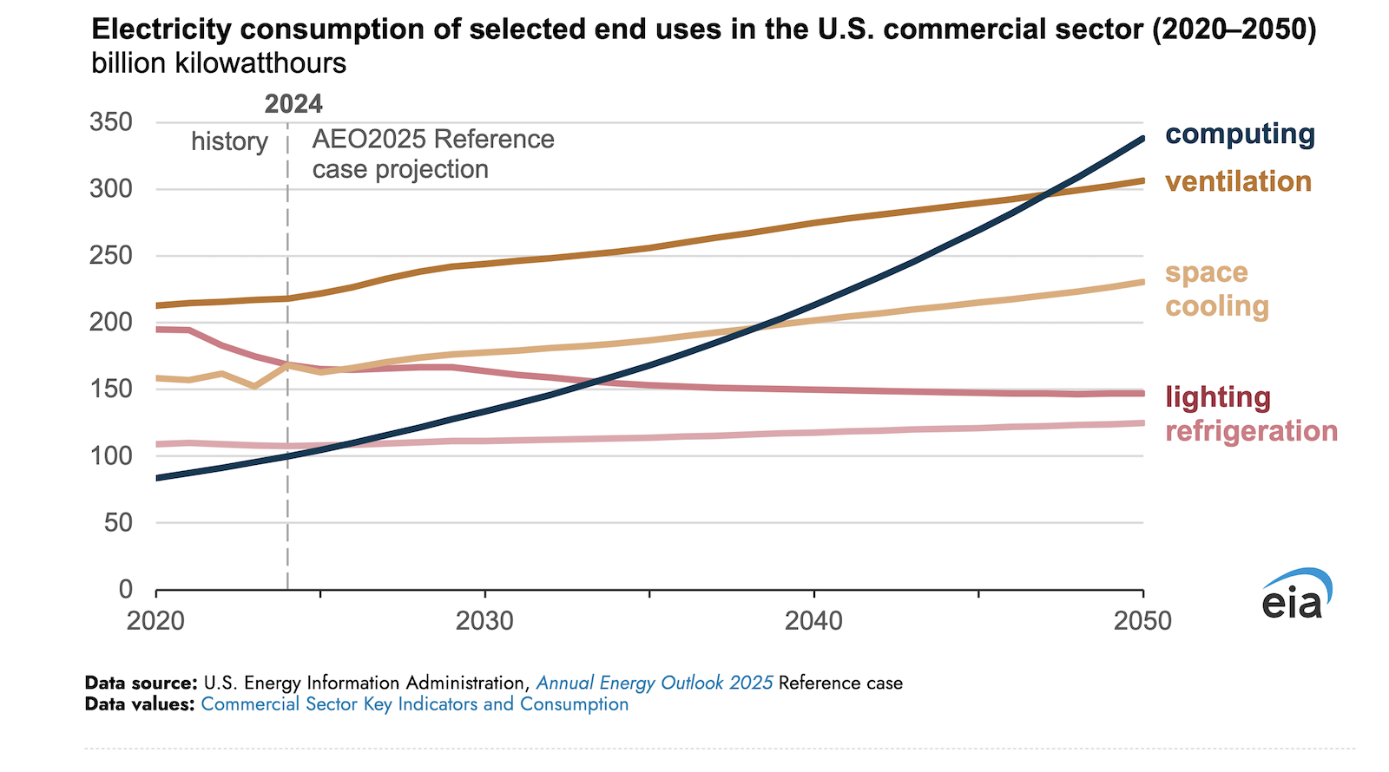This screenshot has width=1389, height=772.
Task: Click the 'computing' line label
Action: (1240, 134)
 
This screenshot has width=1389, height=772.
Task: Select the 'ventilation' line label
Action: (1238, 182)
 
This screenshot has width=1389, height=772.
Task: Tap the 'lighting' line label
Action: (1217, 397)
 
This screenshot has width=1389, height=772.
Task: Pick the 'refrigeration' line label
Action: (1251, 431)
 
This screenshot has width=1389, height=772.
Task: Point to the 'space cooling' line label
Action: (1216, 289)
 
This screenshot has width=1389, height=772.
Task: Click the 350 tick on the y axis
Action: (111, 122)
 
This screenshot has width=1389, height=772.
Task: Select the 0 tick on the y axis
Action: (126, 590)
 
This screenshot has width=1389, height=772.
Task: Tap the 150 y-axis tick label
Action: (111, 389)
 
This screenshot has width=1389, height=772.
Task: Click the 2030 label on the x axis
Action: (484, 621)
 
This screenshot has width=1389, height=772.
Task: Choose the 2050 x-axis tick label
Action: (1142, 621)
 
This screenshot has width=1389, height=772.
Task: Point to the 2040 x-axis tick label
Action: (813, 621)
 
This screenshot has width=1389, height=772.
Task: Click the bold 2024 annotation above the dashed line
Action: (293, 104)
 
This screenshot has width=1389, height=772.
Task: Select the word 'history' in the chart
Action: (229, 141)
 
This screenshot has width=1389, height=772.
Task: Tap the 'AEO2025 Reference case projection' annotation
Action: (432, 154)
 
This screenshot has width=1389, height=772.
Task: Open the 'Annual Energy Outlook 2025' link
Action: (655, 683)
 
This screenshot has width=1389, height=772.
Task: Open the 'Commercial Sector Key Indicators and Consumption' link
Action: (414, 704)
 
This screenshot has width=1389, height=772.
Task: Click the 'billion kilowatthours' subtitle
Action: (219, 63)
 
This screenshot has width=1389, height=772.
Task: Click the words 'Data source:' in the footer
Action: (141, 683)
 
